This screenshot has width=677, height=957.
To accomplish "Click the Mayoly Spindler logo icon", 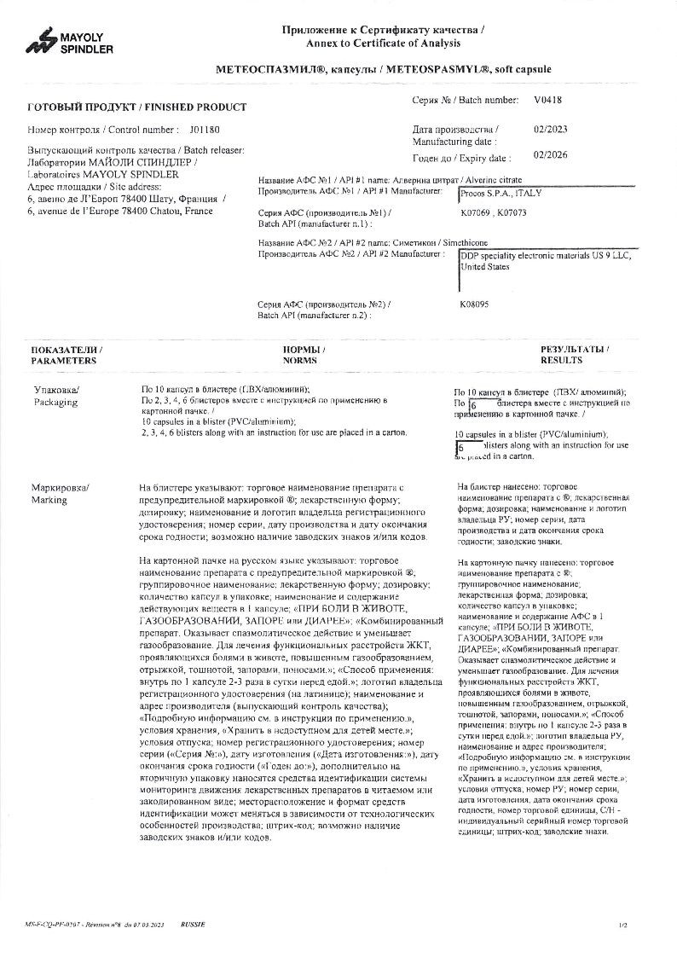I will pyautogui.click(x=40, y=43).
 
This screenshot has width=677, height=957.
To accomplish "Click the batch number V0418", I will pyautogui.click(x=548, y=100).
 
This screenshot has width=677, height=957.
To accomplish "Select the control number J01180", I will pyautogui.click(x=205, y=130).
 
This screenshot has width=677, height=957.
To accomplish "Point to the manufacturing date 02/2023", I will pyautogui.click(x=550, y=130).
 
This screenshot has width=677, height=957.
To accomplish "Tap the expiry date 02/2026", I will pyautogui.click(x=550, y=158).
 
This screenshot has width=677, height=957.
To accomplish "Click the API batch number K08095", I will pyautogui.click(x=474, y=304).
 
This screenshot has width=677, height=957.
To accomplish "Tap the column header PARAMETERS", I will pyautogui.click(x=64, y=361).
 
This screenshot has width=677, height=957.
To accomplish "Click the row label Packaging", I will pyautogui.click(x=55, y=403).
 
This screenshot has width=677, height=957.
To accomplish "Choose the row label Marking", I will pyautogui.click(x=49, y=500).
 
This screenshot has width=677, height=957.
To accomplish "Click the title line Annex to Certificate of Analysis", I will pyautogui.click(x=383, y=43).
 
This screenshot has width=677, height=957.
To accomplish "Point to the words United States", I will pyautogui.click(x=484, y=267).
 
